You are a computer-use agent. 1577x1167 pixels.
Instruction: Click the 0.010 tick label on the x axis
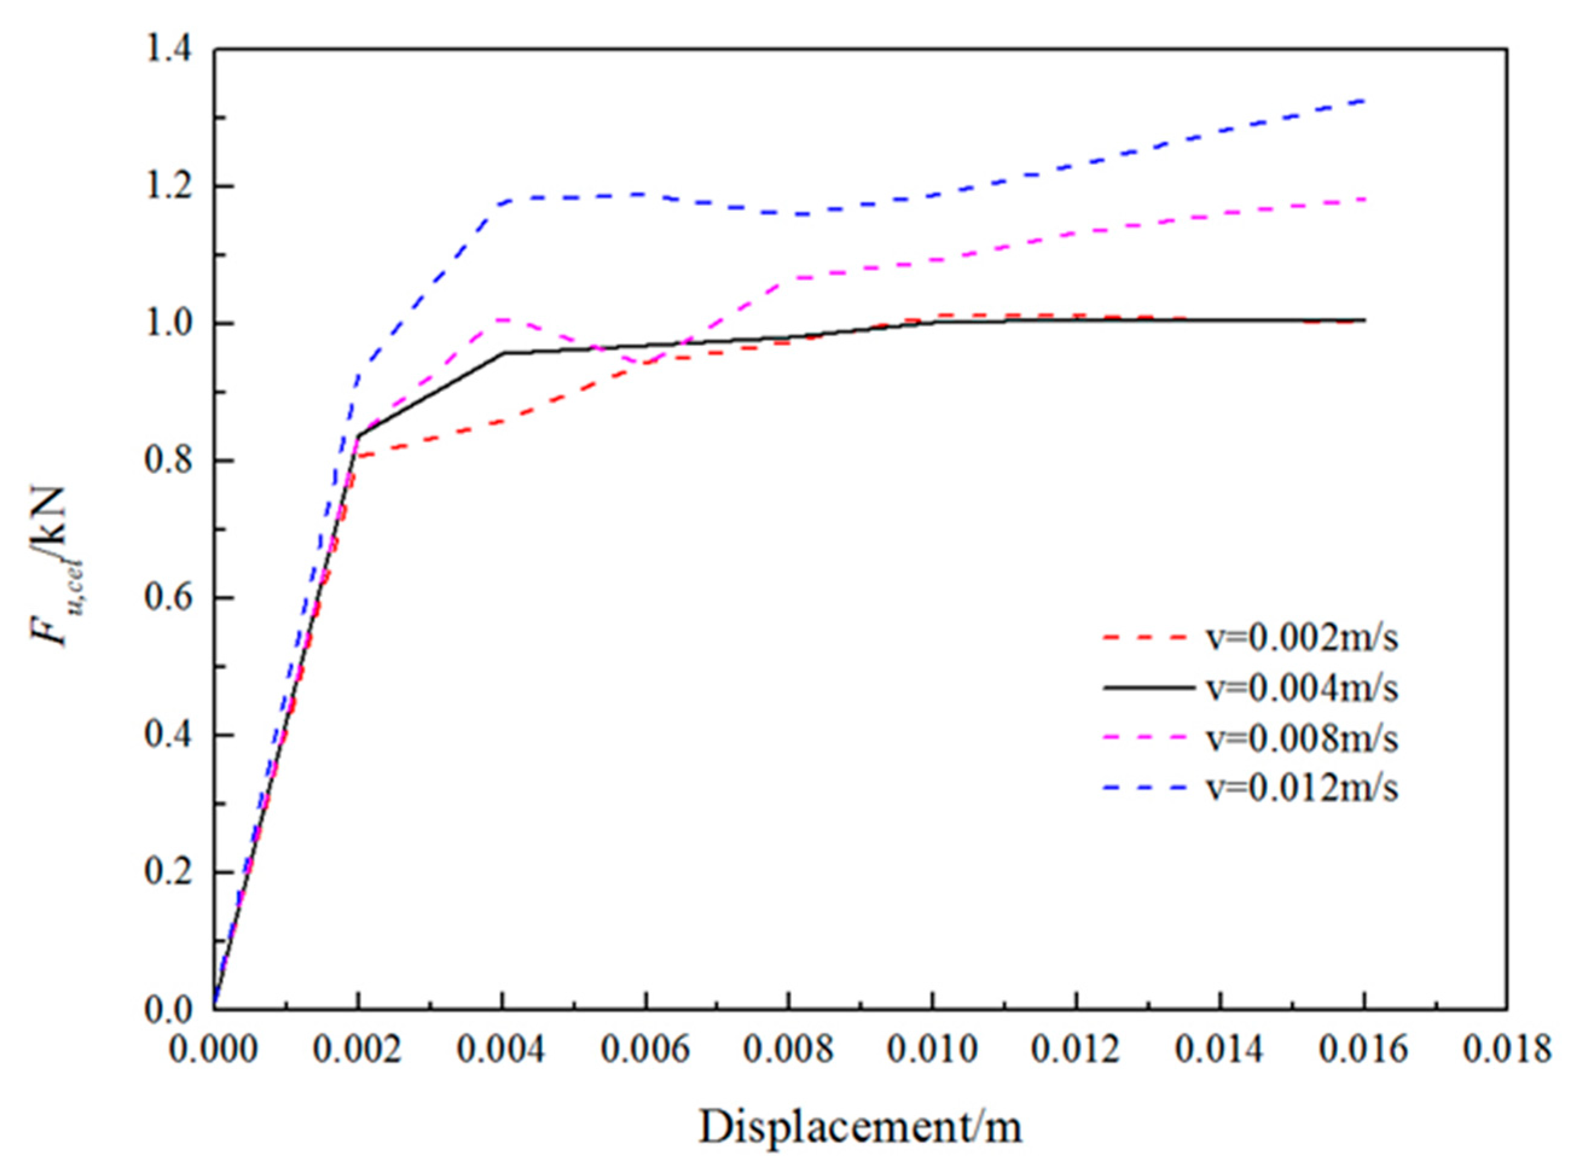933,1050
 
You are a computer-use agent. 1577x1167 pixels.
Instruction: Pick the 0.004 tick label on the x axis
502,1050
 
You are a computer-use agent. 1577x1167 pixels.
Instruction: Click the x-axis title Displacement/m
860,1127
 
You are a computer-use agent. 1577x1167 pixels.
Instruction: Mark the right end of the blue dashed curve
1364,120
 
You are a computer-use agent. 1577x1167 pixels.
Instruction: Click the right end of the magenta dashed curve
1364,199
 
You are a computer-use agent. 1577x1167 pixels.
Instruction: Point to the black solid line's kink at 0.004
503,352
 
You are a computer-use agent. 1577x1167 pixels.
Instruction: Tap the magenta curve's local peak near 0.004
502,319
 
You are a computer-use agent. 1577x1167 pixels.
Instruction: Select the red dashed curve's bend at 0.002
359,456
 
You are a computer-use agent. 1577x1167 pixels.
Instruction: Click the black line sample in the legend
1148,688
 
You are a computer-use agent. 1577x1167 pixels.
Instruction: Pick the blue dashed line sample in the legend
1148,789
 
